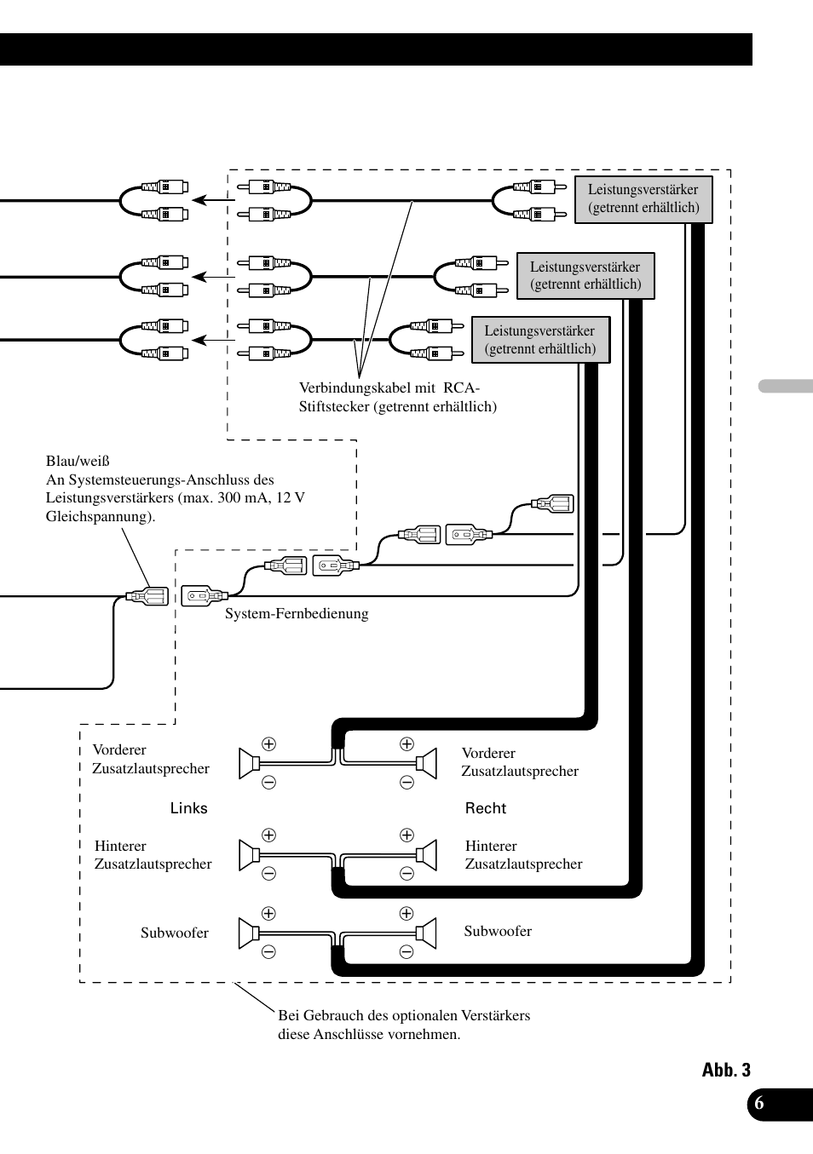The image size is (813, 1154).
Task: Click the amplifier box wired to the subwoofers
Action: pyautogui.click(x=643, y=199)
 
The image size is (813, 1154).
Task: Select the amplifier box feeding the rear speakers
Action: pyautogui.click(x=585, y=276)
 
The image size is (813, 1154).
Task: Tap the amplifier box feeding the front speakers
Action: pyautogui.click(x=540, y=340)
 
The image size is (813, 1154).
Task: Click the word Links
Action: pyautogui.click(x=188, y=808)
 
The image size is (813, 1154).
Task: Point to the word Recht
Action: pyautogui.click(x=485, y=808)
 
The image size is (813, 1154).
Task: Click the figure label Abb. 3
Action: pyautogui.click(x=726, y=1071)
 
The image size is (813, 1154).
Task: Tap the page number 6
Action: pyautogui.click(x=759, y=1104)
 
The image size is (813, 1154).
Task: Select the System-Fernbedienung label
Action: pyautogui.click(x=297, y=614)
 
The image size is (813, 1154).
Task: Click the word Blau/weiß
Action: pyautogui.click(x=78, y=462)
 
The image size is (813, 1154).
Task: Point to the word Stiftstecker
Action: pyautogui.click(x=334, y=407)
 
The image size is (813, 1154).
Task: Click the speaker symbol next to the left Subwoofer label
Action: pyautogui.click(x=249, y=933)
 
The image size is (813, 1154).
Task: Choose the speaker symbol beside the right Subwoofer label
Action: pyautogui.click(x=427, y=933)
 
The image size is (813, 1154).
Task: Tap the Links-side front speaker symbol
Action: pyautogui.click(x=249, y=764)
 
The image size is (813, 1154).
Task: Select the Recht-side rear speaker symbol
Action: pyautogui.click(x=427, y=854)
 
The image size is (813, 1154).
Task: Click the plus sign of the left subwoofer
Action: pyautogui.click(x=268, y=914)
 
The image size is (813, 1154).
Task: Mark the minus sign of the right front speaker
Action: pyautogui.click(x=406, y=783)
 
